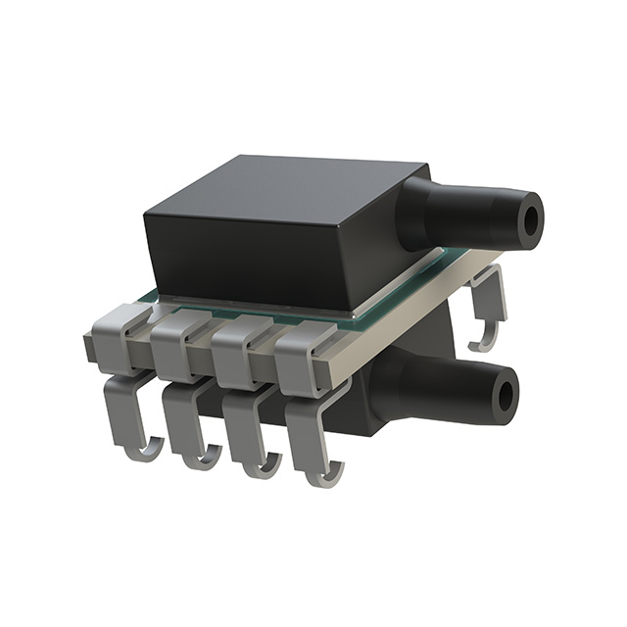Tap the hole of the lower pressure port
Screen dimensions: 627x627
[506, 397]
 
